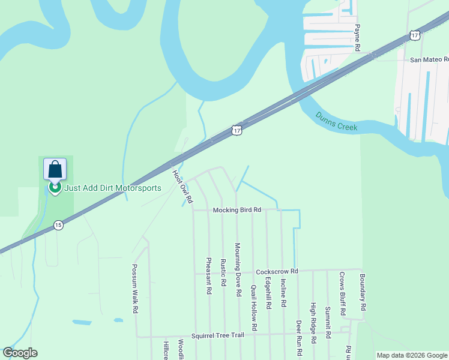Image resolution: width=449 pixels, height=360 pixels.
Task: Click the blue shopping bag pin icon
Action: pos(55,170)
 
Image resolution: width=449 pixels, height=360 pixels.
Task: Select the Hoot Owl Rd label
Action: pos(182,186)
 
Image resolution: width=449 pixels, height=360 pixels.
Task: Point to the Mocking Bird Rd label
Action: pos(238,210)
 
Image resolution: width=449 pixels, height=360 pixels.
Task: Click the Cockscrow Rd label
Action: pos(277,272)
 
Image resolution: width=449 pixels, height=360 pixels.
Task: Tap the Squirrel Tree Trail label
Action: pos(218,336)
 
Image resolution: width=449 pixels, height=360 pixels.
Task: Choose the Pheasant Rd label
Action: pos(209,275)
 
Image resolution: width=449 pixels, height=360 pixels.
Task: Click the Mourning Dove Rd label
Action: pos(238,270)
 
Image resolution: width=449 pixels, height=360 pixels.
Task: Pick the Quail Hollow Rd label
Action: pos(254,308)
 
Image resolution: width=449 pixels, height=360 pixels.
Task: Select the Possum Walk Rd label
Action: pos(136,289)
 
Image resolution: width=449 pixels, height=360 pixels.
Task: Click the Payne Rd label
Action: pos(357,37)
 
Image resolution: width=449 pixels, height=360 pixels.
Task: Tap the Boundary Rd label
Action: pos(363,292)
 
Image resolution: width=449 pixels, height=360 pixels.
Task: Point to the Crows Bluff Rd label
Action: pos(342,294)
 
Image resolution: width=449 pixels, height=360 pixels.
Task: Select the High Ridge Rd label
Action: pos(313,322)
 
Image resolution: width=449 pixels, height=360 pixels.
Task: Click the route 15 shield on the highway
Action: pos(58,225)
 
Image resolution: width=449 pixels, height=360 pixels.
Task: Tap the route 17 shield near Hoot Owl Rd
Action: pos(237,130)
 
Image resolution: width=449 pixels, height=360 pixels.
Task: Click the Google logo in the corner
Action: pos(20,353)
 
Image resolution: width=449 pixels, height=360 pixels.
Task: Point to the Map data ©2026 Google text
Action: pos(412,355)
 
